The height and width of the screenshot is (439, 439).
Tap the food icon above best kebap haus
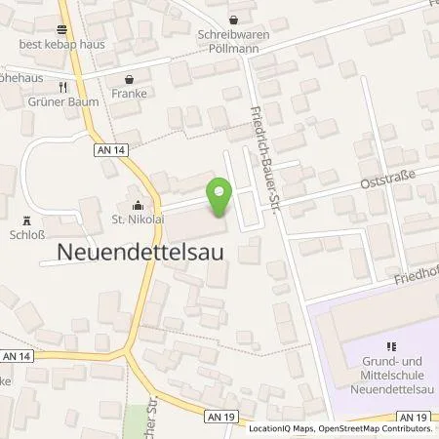61,30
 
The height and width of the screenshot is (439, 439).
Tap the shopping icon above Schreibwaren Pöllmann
233,19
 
